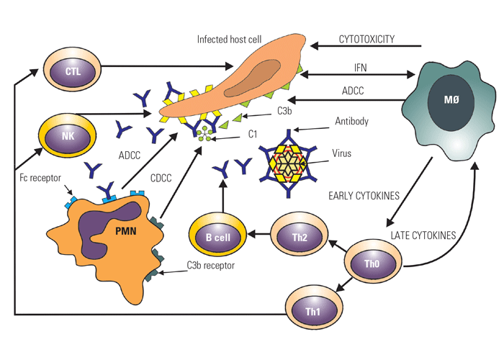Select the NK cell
click(x=67, y=133)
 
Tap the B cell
click(x=216, y=237)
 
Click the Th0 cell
click(x=372, y=263)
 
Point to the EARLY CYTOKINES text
click(x=363, y=195)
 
